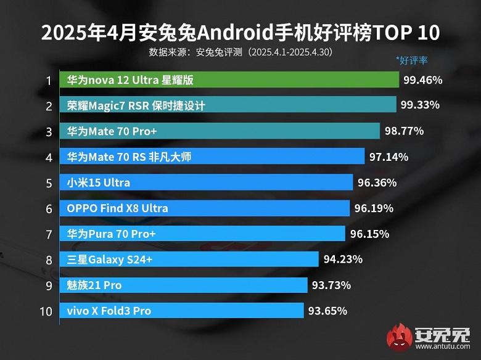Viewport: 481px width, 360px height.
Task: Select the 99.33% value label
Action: pos(420,105)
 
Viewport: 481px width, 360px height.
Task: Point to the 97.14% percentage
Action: pos(388,157)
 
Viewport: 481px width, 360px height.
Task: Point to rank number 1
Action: pos(47,80)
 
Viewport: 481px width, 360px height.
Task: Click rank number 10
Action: pos(46,311)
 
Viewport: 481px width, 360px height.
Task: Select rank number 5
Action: pos(47,182)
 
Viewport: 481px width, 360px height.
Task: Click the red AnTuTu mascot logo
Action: pos(401,338)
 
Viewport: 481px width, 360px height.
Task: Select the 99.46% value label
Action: pos(423,80)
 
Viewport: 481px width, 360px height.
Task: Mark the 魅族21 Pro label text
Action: pos(94,285)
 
